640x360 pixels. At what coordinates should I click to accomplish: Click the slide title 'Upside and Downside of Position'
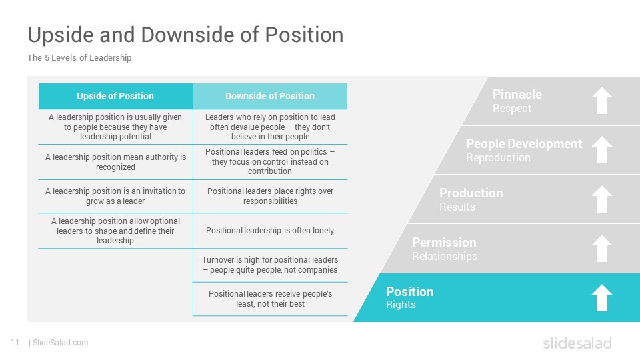tap(185, 35)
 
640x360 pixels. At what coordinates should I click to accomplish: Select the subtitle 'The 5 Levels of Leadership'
tap(79, 57)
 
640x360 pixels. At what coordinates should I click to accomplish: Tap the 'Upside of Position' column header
tap(115, 96)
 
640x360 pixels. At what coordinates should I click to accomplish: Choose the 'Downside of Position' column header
tap(270, 96)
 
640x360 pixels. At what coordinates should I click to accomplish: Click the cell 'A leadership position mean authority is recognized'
tap(115, 162)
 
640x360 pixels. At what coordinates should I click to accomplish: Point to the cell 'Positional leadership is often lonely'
tap(270, 231)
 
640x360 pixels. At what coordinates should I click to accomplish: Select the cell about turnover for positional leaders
tap(270, 265)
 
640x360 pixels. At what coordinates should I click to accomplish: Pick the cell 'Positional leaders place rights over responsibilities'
tap(270, 196)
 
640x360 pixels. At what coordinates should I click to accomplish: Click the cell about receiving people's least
tap(270, 299)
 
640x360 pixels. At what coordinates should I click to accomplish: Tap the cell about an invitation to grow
tap(115, 196)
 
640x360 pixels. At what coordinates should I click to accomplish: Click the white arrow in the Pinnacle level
tap(602, 101)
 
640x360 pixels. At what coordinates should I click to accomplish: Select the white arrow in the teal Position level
tap(602, 297)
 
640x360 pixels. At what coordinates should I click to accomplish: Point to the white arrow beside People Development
tap(602, 150)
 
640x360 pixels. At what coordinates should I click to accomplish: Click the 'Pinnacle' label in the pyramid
tap(517, 94)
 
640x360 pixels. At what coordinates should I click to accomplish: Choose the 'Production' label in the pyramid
tap(471, 193)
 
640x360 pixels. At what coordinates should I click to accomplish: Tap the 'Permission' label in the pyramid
tap(444, 243)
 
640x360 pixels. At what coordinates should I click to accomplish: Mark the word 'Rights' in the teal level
tap(401, 305)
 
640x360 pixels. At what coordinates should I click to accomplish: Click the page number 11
tap(15, 343)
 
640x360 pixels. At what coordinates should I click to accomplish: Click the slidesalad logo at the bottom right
tap(577, 343)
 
